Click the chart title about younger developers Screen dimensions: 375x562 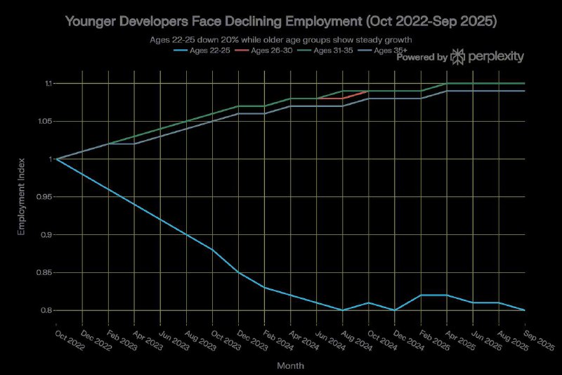pyautogui.click(x=281, y=22)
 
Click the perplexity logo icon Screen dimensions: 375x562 pyautogui.click(x=458, y=57)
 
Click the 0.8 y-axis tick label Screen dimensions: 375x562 pyautogui.click(x=46, y=310)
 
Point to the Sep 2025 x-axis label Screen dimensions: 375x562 pyautogui.click(x=540, y=337)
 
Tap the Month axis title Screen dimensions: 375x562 pyautogui.click(x=290, y=366)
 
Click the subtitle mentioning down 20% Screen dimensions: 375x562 pyautogui.click(x=281, y=39)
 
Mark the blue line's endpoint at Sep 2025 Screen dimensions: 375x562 pyautogui.click(x=525, y=310)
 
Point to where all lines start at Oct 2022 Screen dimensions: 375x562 pyautogui.click(x=57, y=159)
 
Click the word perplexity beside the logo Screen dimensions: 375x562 pyautogui.click(x=497, y=57)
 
